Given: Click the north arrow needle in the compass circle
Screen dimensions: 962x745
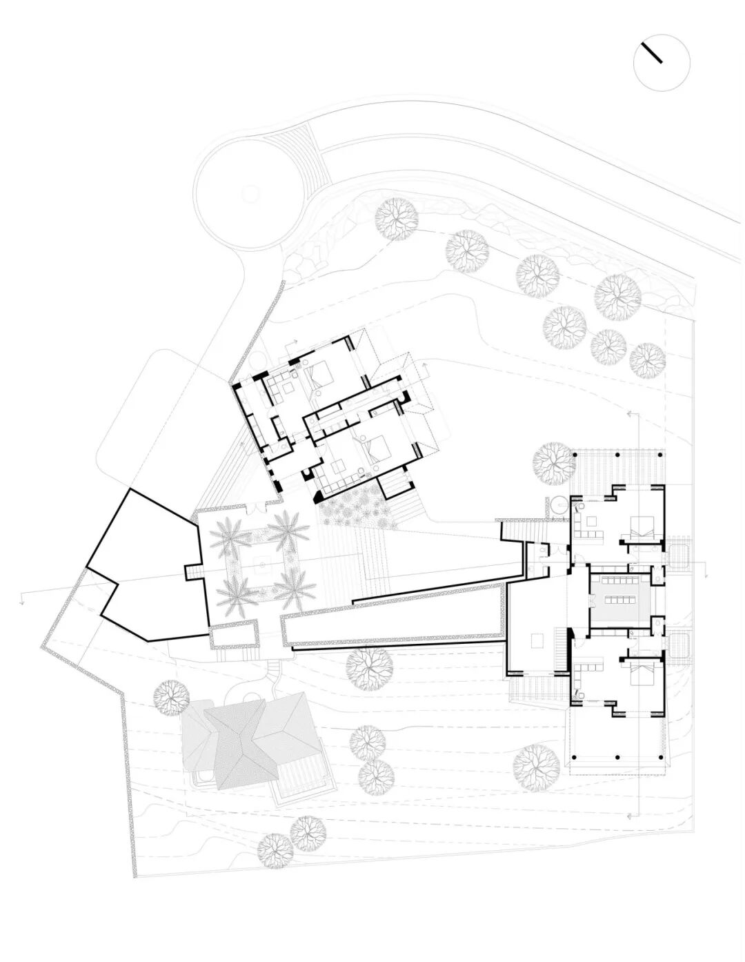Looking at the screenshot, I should pyautogui.click(x=651, y=53).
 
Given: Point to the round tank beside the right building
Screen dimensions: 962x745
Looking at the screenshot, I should pyautogui.click(x=558, y=505).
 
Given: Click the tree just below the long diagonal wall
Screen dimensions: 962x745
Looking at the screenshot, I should pyautogui.click(x=370, y=667).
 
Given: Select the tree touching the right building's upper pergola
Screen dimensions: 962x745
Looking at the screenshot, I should pyautogui.click(x=555, y=463).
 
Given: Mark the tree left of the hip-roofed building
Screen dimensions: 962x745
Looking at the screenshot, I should pyautogui.click(x=170, y=697).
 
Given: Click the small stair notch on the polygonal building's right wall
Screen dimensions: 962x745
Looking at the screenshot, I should pyautogui.click(x=193, y=572).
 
